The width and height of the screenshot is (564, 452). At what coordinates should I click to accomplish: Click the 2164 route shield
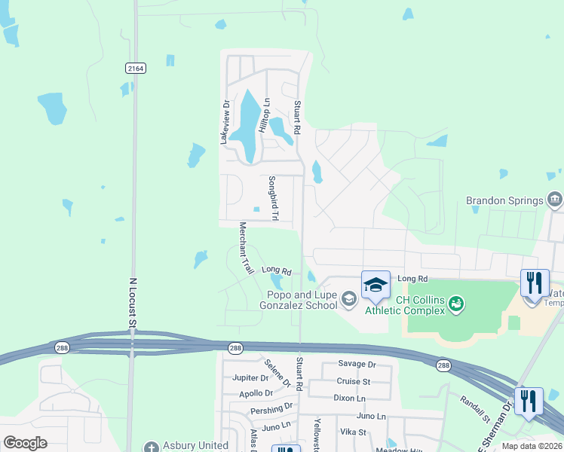coord(136,68)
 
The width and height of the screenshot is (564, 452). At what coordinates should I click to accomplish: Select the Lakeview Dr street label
coord(224,122)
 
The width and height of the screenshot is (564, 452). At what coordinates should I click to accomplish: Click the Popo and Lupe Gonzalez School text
coord(300,300)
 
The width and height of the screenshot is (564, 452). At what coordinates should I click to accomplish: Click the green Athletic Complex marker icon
coord(455,304)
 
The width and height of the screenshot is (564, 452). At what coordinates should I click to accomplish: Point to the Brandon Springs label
coord(504,200)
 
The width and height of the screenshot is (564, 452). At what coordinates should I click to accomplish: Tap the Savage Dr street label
coord(357,365)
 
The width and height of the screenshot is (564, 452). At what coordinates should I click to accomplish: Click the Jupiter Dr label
coord(250,377)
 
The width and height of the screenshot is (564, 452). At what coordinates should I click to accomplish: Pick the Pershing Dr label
coord(272,408)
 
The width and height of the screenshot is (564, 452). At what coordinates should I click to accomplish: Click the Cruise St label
coord(354,382)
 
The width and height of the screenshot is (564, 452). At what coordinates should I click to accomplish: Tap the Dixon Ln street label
coord(349,398)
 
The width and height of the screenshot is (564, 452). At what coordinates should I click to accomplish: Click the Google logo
coord(26,443)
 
